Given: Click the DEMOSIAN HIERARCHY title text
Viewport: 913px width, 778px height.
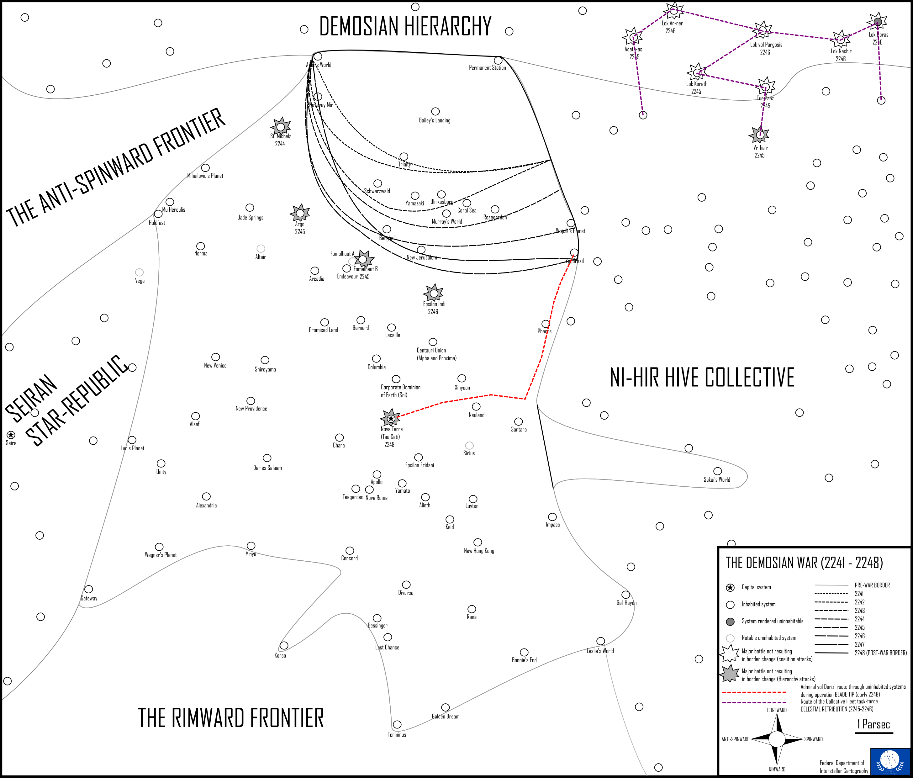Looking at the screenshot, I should pos(405,26).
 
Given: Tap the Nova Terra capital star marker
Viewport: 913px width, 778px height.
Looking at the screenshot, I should pos(390,418).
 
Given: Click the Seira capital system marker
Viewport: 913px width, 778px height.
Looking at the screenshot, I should pos(11,435).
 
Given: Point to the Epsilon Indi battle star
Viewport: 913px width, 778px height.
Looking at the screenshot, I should pos(434,293).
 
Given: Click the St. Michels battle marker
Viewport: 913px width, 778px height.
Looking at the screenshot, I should pos(281,127).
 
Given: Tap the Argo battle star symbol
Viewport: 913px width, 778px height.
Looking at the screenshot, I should pos(300,213).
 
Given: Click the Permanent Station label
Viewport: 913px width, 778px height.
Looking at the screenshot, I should pos(487,68).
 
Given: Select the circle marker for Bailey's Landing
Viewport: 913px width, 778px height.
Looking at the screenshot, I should pos(435,112).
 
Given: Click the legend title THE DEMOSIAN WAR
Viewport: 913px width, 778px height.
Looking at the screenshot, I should pos(804,563).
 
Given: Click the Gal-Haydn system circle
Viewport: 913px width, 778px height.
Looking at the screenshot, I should pos(626,595).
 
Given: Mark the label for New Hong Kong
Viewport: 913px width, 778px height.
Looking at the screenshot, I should pos(479,551).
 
